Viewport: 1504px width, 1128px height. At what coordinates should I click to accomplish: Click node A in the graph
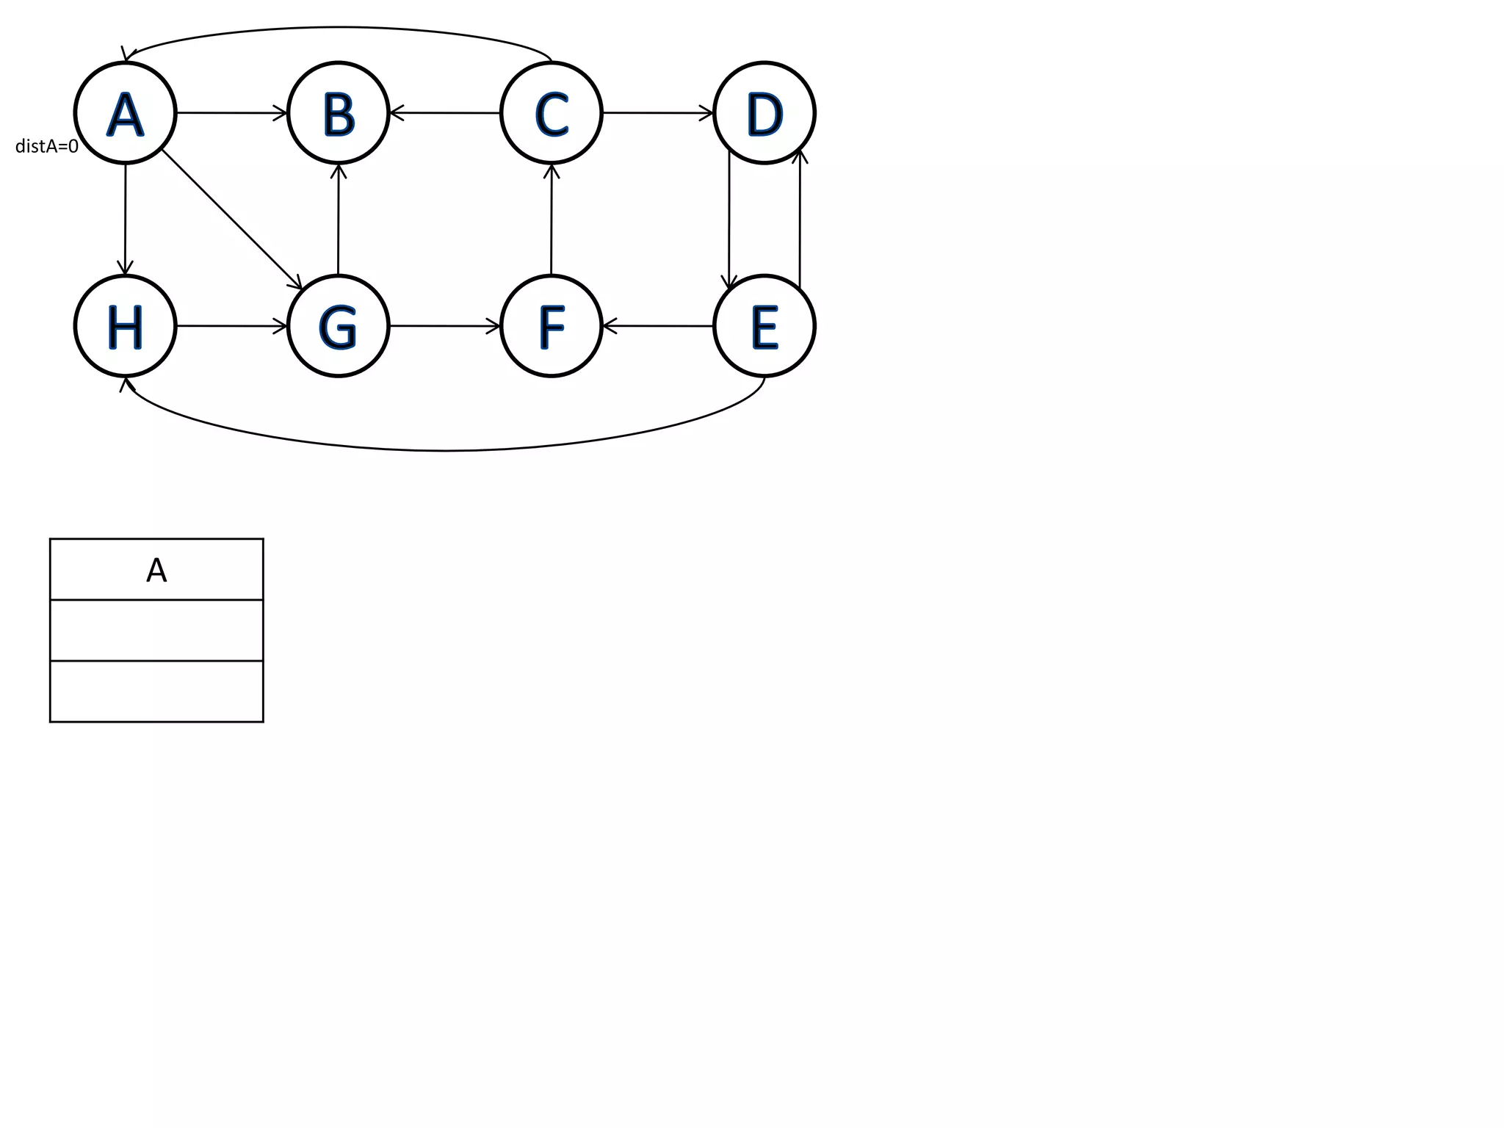tap(126, 113)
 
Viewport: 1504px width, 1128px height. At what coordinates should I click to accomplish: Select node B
tap(338, 113)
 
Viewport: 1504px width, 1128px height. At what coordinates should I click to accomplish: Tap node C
tap(551, 113)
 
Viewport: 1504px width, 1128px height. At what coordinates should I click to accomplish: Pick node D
tap(764, 113)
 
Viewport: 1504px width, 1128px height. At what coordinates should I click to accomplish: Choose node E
tap(764, 326)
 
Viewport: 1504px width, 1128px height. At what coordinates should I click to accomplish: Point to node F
tap(551, 326)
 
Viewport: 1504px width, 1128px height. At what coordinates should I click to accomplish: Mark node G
tap(338, 326)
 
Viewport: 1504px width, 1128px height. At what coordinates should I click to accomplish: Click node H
tap(126, 326)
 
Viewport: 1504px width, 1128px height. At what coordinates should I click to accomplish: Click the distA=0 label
tap(47, 147)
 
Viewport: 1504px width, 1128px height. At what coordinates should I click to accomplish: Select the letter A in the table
tap(156, 570)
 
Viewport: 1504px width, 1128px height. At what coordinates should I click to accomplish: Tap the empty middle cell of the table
tap(156, 630)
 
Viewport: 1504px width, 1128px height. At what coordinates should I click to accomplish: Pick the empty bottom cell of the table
tap(156, 691)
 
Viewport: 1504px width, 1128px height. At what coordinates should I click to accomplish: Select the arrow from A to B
tap(231, 113)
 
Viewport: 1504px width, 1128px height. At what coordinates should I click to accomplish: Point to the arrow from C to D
tap(657, 113)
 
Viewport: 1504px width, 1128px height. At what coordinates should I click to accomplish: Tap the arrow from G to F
tap(444, 326)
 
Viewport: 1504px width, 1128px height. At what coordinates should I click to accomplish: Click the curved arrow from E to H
tap(445, 450)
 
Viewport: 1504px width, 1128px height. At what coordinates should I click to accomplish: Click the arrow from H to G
tap(231, 326)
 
